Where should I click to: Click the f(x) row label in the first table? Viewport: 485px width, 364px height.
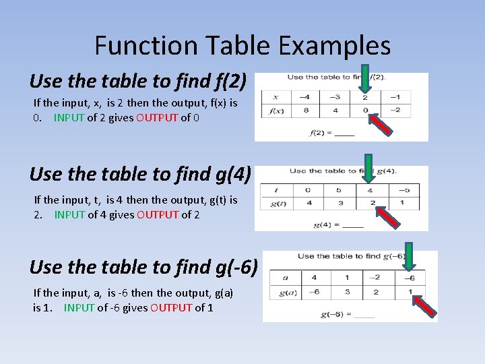pyautogui.click(x=276, y=111)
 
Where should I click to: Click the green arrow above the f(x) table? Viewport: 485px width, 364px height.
pyautogui.click(x=364, y=78)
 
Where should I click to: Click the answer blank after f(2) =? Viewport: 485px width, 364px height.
pyautogui.click(x=344, y=132)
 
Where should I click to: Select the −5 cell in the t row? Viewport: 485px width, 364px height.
pyautogui.click(x=403, y=189)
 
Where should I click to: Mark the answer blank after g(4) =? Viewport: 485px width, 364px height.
pyautogui.click(x=353, y=224)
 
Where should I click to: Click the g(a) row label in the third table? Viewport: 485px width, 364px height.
pyautogui.click(x=286, y=292)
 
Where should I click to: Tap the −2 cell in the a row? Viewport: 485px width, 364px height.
pyautogui.click(x=376, y=278)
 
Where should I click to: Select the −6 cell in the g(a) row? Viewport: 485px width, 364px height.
pyautogui.click(x=314, y=292)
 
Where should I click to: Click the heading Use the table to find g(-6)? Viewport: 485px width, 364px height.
pyautogui.click(x=143, y=267)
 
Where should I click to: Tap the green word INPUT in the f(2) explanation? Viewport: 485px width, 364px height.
pyautogui.click(x=69, y=117)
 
